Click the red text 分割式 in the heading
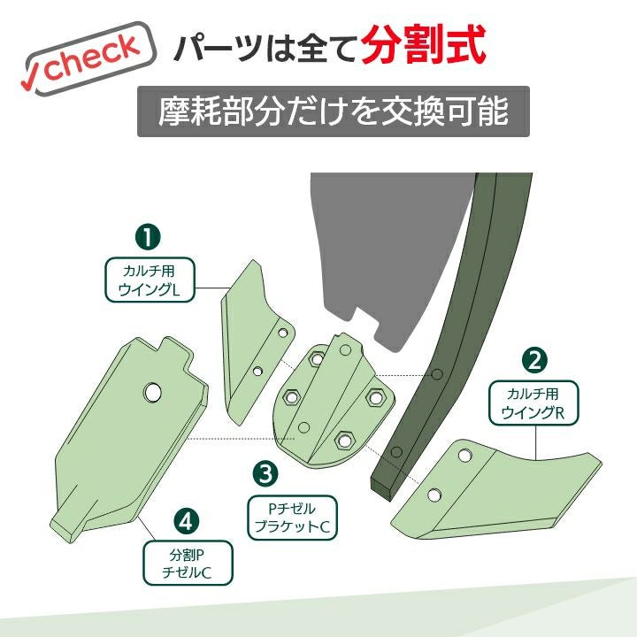point(423,45)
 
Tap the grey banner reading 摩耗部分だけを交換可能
point(334,111)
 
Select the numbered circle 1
point(148,237)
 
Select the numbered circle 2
point(534,360)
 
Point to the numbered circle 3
point(265,473)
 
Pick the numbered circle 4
point(186,520)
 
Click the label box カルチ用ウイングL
point(150,280)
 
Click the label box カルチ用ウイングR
point(533,403)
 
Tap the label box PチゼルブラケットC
point(293,518)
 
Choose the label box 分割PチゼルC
point(188,563)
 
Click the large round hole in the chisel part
point(153,393)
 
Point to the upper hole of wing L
point(282,334)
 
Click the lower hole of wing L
point(257,371)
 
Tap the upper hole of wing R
point(464,456)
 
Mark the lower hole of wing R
point(434,495)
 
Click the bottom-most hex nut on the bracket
point(344,440)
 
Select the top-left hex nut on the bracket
point(317,358)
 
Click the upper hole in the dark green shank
point(437,374)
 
